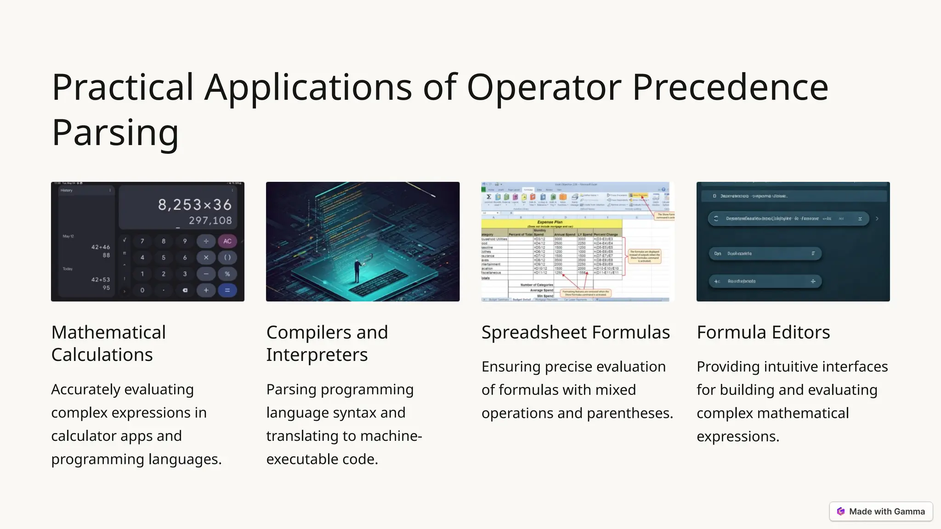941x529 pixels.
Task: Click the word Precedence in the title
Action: (730, 87)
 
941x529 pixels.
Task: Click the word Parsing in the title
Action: (115, 132)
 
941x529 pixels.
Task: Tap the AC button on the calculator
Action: (227, 241)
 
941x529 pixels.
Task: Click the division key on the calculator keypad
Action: (206, 241)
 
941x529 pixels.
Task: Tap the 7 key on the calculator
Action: (142, 241)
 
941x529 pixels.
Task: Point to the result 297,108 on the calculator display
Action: (210, 220)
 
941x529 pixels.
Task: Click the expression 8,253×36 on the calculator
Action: (195, 205)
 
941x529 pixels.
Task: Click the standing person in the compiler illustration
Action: (357, 271)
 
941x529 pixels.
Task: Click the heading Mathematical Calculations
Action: (108, 343)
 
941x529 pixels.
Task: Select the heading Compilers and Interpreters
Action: (327, 343)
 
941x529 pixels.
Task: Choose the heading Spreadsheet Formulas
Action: (575, 332)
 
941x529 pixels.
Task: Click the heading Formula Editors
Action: (763, 332)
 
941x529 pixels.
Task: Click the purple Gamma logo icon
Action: (841, 511)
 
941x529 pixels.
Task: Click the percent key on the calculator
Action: (227, 274)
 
